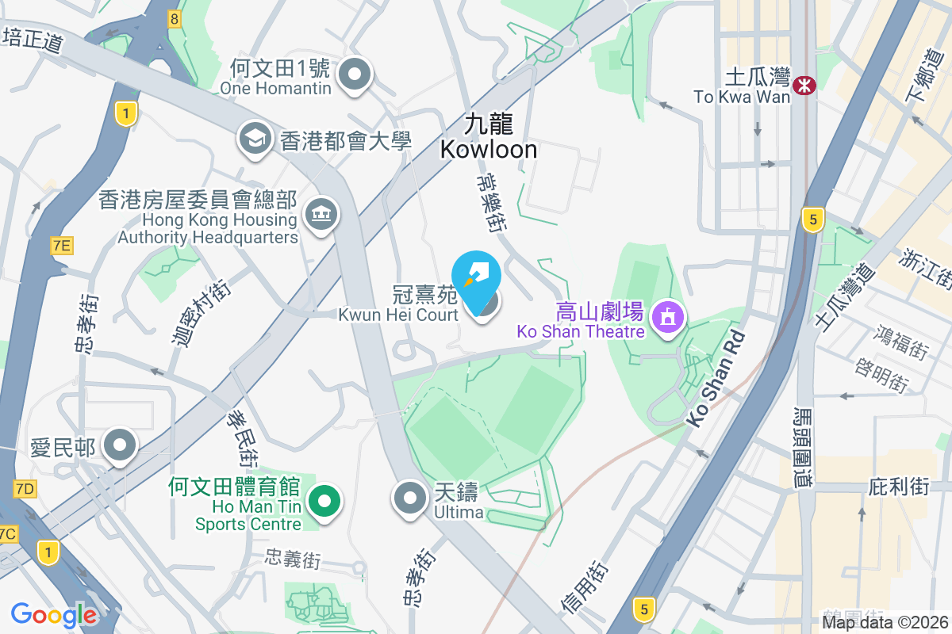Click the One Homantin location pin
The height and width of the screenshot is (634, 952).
(x=355, y=76)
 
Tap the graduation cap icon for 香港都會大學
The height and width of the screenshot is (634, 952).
(x=255, y=140)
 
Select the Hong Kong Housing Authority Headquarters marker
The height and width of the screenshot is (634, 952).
(x=321, y=214)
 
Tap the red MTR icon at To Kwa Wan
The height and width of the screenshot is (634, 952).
(x=805, y=84)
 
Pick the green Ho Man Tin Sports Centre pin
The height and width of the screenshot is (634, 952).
(x=324, y=502)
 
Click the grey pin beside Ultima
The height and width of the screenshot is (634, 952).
(x=410, y=498)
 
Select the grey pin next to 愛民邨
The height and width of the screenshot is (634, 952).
(x=120, y=445)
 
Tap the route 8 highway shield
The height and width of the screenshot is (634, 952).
(x=174, y=18)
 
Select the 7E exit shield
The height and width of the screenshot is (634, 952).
(x=61, y=246)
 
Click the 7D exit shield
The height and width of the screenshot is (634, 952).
(x=25, y=488)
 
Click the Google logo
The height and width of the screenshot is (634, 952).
(x=54, y=615)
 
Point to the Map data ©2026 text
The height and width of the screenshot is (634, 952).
(x=885, y=623)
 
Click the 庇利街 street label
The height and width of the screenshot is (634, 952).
(x=898, y=486)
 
